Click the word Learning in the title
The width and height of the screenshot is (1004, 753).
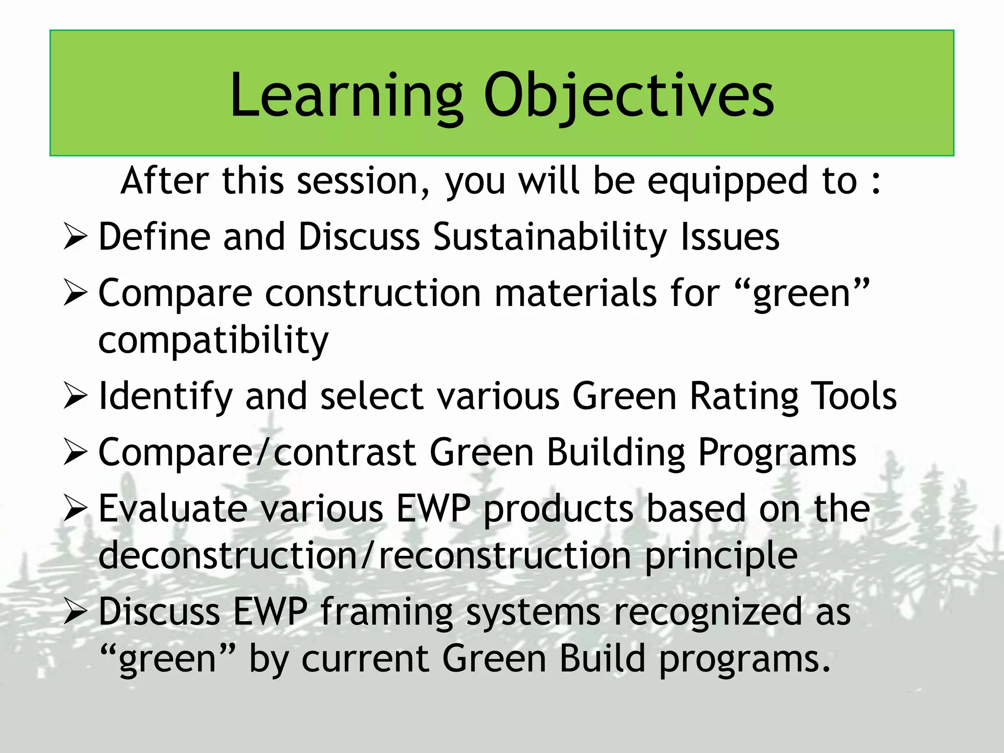[346, 96]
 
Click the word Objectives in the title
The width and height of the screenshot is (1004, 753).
[629, 96]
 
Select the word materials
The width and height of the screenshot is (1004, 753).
[576, 293]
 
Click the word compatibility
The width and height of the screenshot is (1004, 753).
[213, 341]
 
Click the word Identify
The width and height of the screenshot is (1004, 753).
[165, 397]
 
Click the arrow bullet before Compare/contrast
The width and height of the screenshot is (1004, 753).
[75, 452]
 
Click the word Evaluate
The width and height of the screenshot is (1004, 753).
[173, 509]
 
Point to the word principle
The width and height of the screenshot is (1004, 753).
[721, 557]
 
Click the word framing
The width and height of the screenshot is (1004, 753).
[386, 613]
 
